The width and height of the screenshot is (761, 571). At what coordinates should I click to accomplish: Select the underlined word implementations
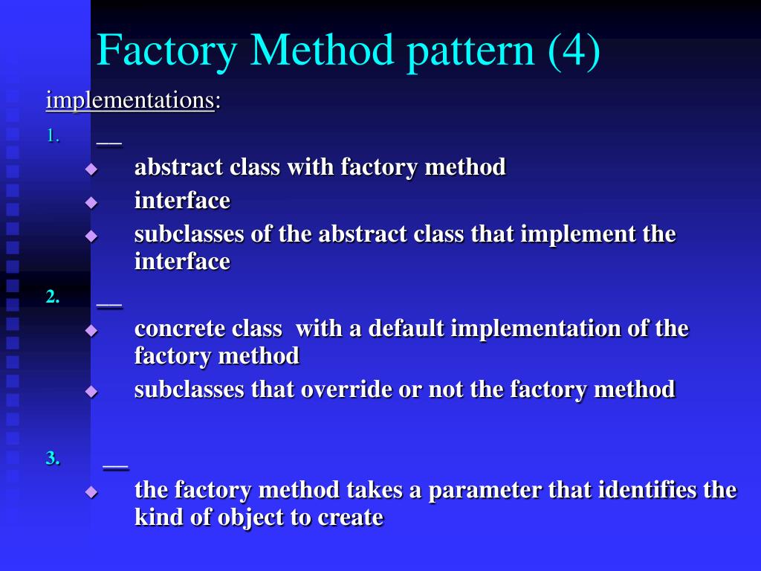(130, 100)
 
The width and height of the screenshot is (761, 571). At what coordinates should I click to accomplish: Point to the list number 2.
(52, 297)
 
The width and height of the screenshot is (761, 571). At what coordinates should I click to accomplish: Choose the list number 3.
(52, 458)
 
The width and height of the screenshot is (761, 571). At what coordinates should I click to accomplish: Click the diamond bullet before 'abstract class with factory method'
(91, 169)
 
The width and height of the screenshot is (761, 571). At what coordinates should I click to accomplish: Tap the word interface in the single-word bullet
(182, 200)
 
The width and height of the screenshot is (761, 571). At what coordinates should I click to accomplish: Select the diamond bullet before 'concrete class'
(91, 330)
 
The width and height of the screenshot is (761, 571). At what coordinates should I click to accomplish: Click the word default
(406, 328)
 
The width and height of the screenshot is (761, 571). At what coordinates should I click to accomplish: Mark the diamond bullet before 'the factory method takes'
(91, 491)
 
